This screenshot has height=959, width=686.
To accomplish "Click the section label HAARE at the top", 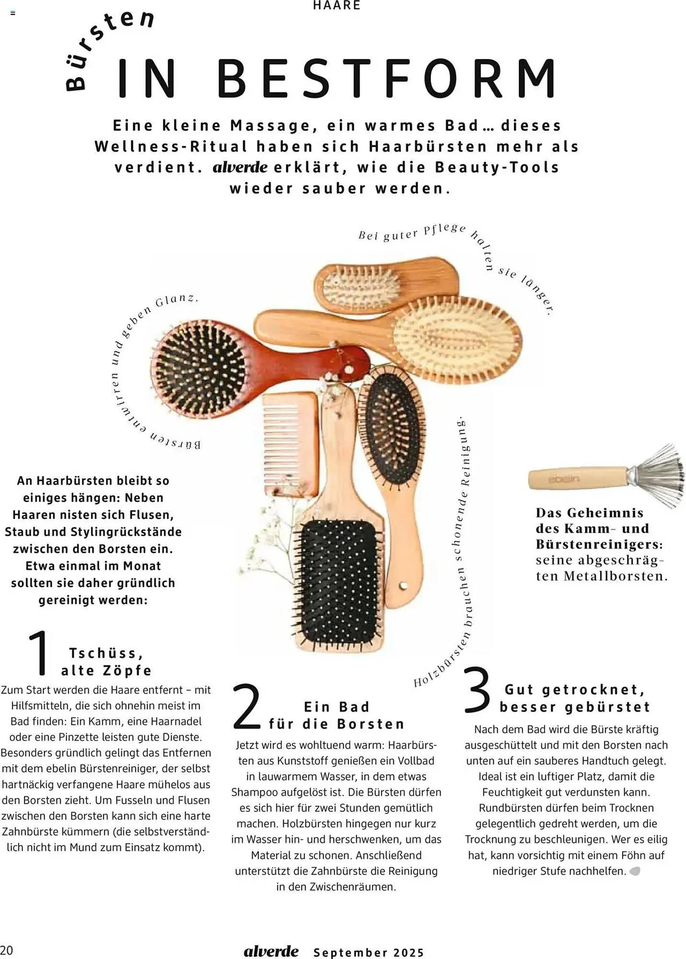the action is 337,5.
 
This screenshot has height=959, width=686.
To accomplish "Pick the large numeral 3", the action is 477,689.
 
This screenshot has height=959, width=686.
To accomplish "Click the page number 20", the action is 7,950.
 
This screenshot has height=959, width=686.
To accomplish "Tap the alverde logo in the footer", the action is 271,951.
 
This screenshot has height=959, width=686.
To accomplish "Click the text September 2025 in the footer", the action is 369,952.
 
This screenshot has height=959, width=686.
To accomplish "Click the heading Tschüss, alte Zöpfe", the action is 106,662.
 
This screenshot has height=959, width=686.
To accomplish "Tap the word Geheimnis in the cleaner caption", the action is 605,513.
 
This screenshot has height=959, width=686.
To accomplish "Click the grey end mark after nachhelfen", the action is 635,871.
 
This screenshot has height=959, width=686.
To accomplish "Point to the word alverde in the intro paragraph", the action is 240,167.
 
